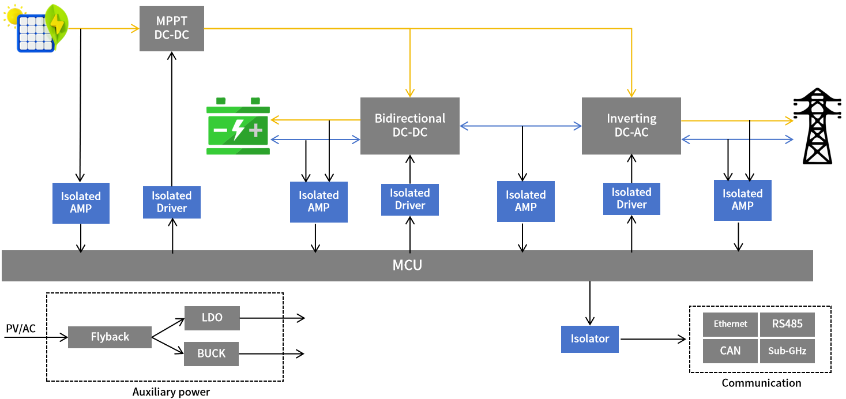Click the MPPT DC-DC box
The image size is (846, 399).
pyautogui.click(x=172, y=28)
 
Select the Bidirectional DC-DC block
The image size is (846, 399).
pyautogui.click(x=410, y=126)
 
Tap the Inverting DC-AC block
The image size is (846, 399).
pyautogui.click(x=631, y=126)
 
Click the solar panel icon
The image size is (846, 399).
pyautogui.click(x=36, y=29)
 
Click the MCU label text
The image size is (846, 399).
pyautogui.click(x=407, y=265)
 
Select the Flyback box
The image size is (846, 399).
pyautogui.click(x=110, y=337)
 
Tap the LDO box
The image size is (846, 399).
pyautogui.click(x=212, y=318)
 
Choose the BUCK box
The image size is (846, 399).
pyautogui.click(x=211, y=353)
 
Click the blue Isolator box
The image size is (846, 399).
pyautogui.click(x=589, y=339)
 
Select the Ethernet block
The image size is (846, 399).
pyautogui.click(x=730, y=324)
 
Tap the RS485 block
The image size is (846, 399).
pyautogui.click(x=787, y=324)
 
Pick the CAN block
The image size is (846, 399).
pyautogui.click(x=730, y=351)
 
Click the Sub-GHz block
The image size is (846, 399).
pyautogui.click(x=787, y=351)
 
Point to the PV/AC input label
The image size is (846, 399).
pyautogui.click(x=21, y=329)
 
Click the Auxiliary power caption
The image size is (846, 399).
pyautogui.click(x=171, y=392)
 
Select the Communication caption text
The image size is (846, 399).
pyautogui.click(x=761, y=383)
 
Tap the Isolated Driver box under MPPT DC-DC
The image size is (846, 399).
pyautogui.click(x=172, y=202)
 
